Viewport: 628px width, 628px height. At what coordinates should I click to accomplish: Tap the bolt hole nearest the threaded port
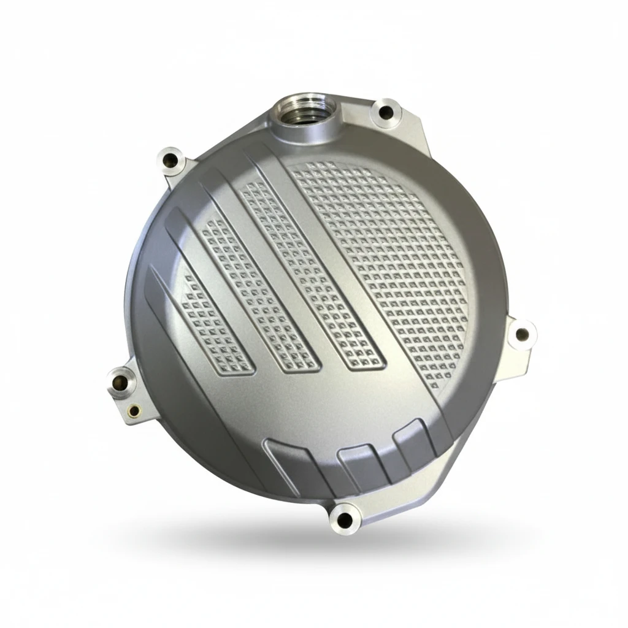point(386,112)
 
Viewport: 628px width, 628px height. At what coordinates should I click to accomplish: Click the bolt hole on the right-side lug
point(521,335)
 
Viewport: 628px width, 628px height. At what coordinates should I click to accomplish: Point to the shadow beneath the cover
point(343,546)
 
